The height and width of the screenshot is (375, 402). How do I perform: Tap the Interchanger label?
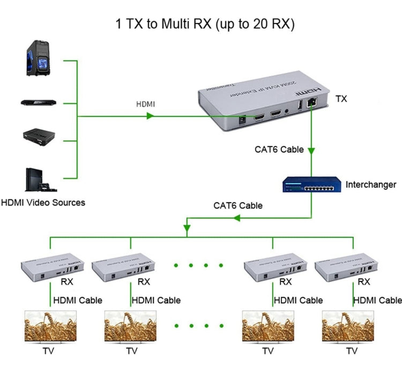(371, 185)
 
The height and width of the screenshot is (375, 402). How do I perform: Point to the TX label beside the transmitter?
(341, 98)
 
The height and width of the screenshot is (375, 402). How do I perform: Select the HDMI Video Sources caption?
(43, 203)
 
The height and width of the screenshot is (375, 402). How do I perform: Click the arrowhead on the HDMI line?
(151, 116)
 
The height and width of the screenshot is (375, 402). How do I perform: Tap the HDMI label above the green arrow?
(145, 104)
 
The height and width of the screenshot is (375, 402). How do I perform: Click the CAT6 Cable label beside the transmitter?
(279, 149)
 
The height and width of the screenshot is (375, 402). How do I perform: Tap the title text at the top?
(205, 24)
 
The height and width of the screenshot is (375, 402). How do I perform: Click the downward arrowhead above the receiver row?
(186, 229)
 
